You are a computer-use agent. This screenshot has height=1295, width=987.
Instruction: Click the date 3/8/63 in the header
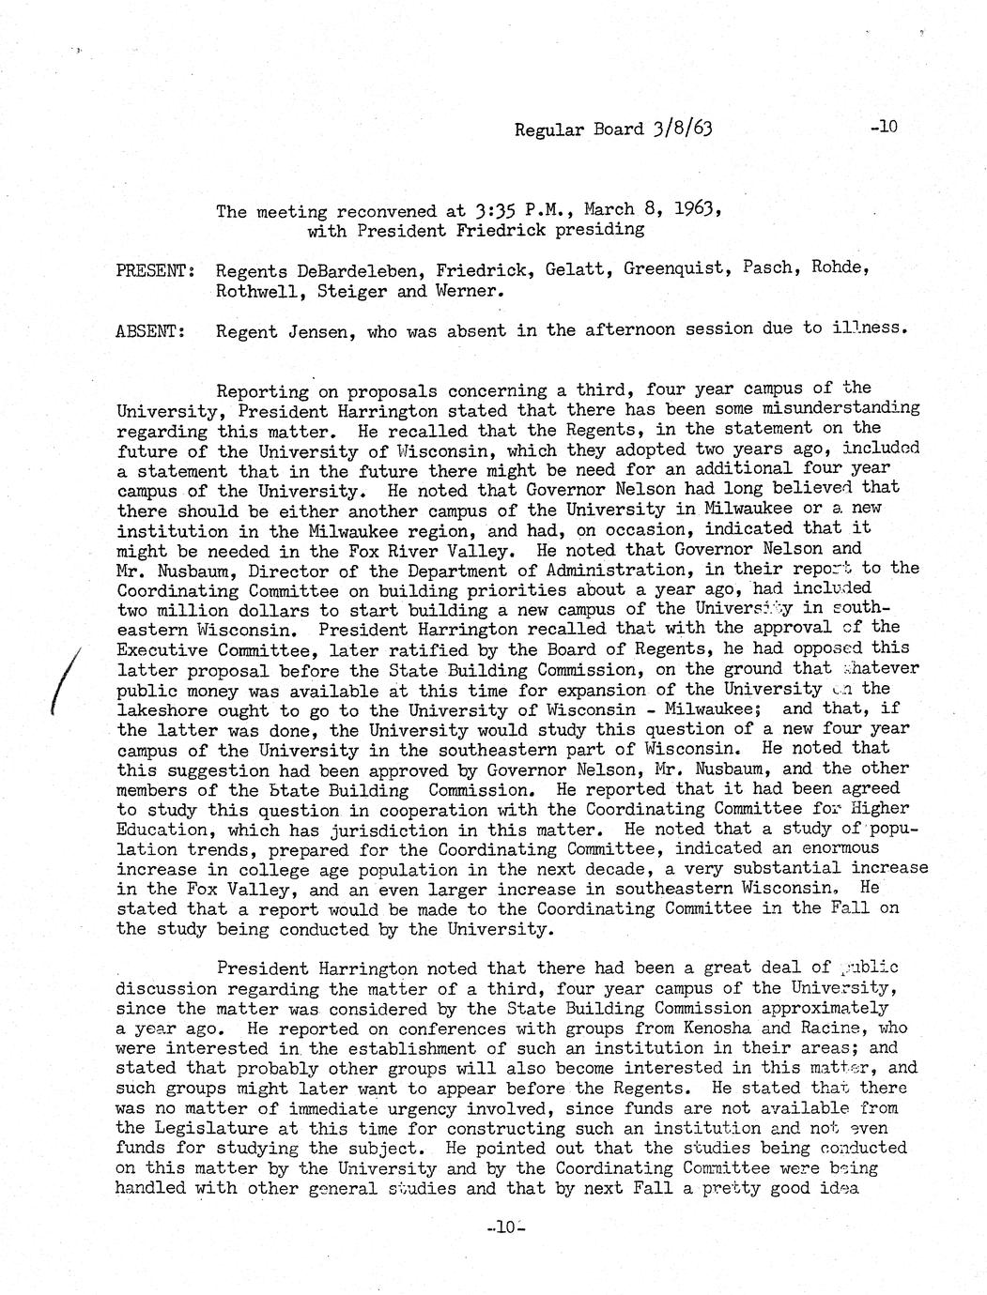coord(681,129)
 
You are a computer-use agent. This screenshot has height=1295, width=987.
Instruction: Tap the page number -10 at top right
coord(884,126)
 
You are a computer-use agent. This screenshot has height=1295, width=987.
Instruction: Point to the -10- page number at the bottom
coord(505,1226)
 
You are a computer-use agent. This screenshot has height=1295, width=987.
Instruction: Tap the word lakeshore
coord(162,709)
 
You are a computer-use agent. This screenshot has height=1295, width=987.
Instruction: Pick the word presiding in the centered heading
coord(597,229)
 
